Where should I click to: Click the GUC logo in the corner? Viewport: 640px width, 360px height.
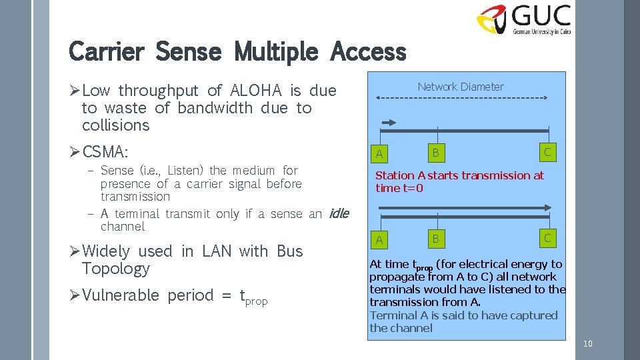523,19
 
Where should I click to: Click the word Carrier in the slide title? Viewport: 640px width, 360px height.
106,51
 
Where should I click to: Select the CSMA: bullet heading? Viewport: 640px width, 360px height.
106,152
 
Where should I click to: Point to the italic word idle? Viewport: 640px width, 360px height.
338,213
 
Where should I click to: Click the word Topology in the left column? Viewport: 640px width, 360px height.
115,269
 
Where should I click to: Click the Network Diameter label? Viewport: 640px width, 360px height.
461,87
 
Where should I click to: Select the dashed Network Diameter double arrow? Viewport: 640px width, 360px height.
461,99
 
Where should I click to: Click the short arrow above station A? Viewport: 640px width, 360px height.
388,122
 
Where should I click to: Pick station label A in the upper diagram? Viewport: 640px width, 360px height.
379,155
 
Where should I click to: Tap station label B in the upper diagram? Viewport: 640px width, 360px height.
435,153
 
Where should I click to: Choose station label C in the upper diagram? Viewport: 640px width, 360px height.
548,152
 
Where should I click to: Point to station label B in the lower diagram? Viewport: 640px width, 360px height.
435,238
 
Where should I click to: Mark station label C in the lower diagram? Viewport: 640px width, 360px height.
548,237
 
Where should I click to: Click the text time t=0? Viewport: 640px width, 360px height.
399,188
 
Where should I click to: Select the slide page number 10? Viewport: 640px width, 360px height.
587,343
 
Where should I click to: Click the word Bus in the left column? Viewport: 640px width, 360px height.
289,251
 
